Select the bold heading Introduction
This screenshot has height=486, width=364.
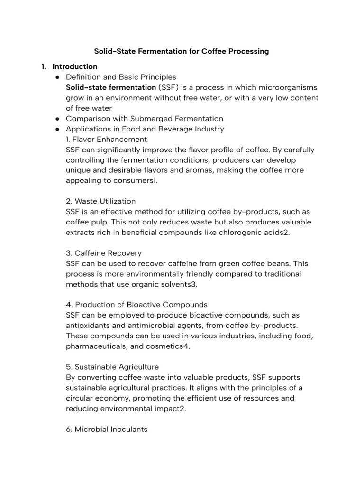coord(75,66)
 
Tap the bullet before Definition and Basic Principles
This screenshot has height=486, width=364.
coord(57,77)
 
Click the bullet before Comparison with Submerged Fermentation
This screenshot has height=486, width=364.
coord(57,119)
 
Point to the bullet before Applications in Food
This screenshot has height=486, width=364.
coord(57,129)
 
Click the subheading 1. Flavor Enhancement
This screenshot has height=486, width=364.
coord(107,140)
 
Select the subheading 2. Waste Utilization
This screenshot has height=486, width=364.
coord(101,201)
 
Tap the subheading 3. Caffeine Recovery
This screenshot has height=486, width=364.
coord(104,253)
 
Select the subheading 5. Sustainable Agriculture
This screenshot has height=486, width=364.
coord(112,367)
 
